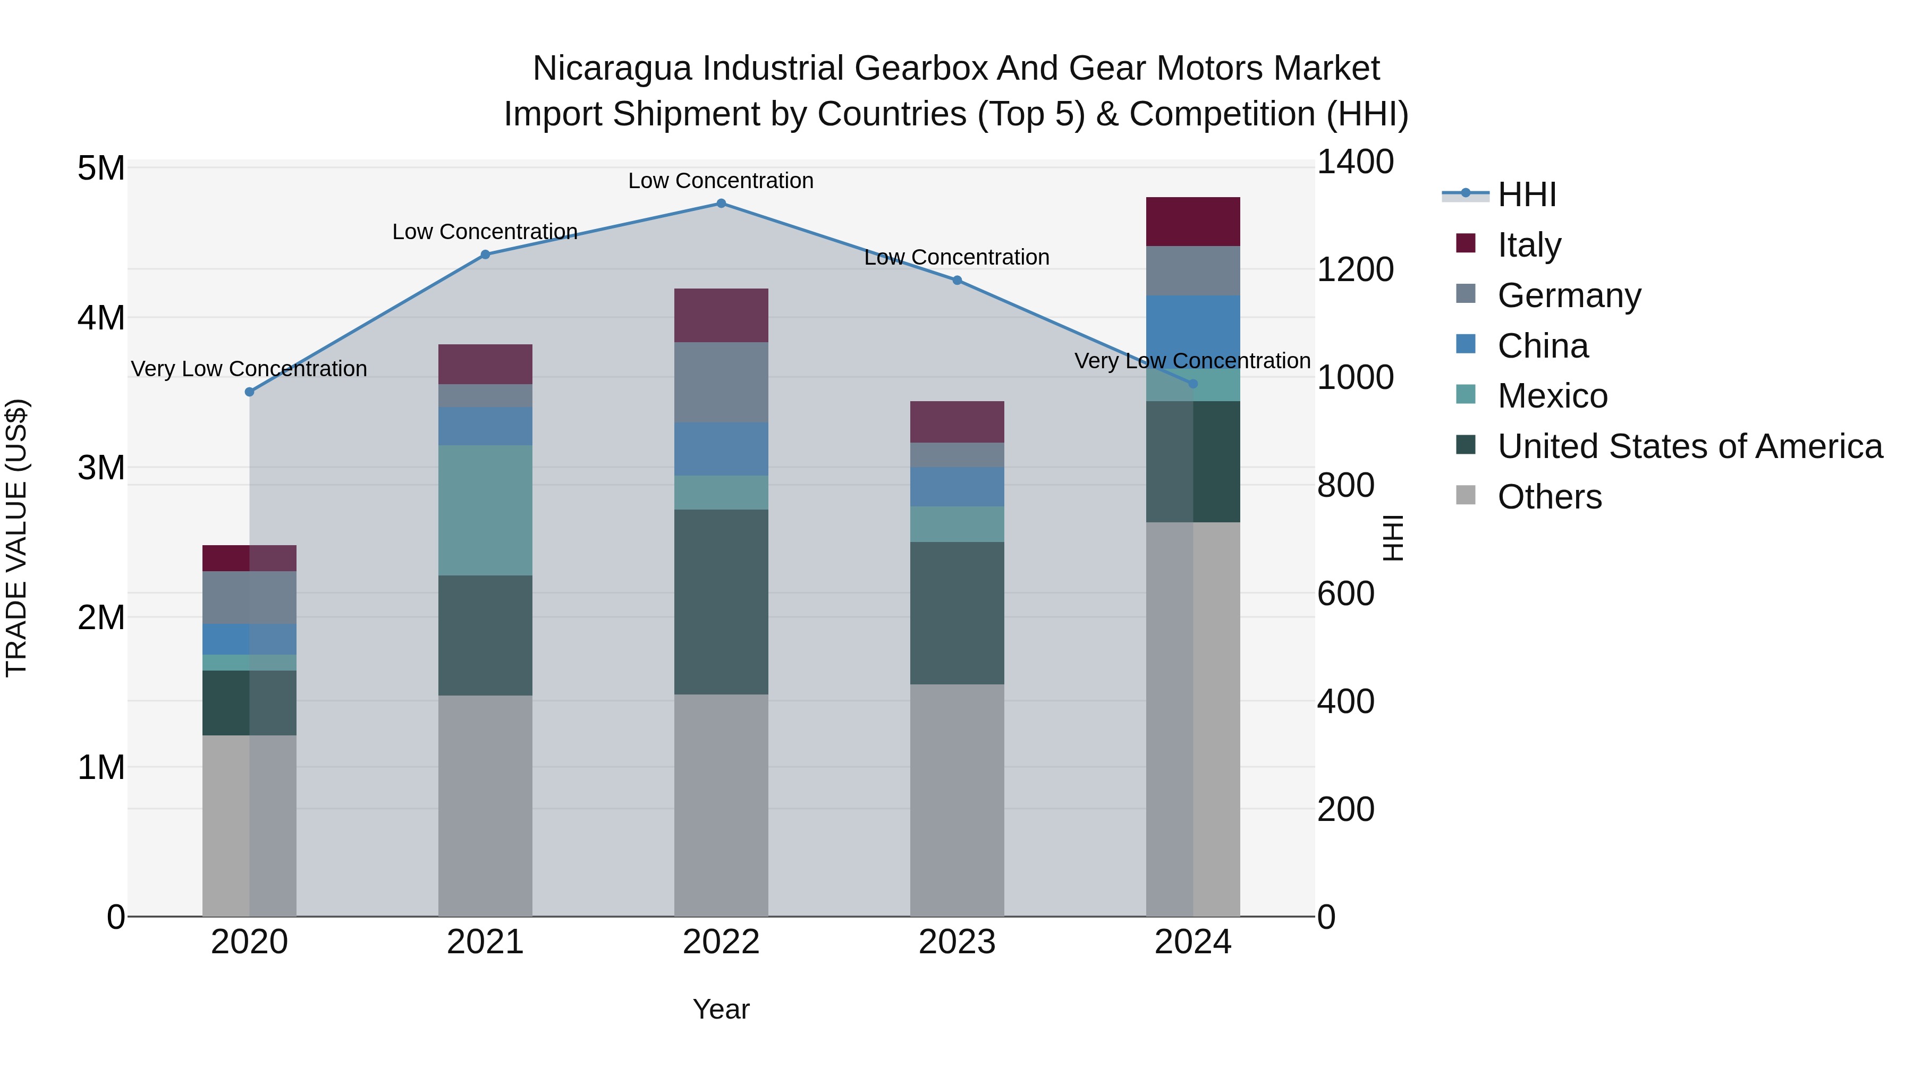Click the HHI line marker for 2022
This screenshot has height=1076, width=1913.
click(721, 204)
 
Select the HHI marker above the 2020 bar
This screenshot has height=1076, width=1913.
click(250, 392)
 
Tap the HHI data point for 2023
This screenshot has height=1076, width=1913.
click(956, 281)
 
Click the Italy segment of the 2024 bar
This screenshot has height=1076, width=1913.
click(1192, 221)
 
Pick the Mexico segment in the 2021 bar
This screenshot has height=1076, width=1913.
click(485, 510)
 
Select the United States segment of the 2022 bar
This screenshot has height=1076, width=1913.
click(721, 601)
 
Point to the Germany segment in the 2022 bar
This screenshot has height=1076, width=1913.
click(721, 383)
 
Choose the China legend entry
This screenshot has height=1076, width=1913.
click(1542, 346)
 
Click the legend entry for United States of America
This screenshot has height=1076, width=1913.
click(1689, 446)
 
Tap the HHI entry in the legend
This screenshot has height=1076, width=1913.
click(1526, 194)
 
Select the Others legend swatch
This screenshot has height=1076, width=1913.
click(1465, 495)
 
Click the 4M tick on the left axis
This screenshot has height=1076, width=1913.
click(101, 318)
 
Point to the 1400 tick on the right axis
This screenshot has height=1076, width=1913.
click(1355, 162)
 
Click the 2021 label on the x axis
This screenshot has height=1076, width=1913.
click(485, 942)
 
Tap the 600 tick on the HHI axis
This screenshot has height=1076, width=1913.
click(1345, 594)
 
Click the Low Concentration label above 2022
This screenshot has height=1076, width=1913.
click(721, 181)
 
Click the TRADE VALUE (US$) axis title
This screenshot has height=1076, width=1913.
click(16, 538)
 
